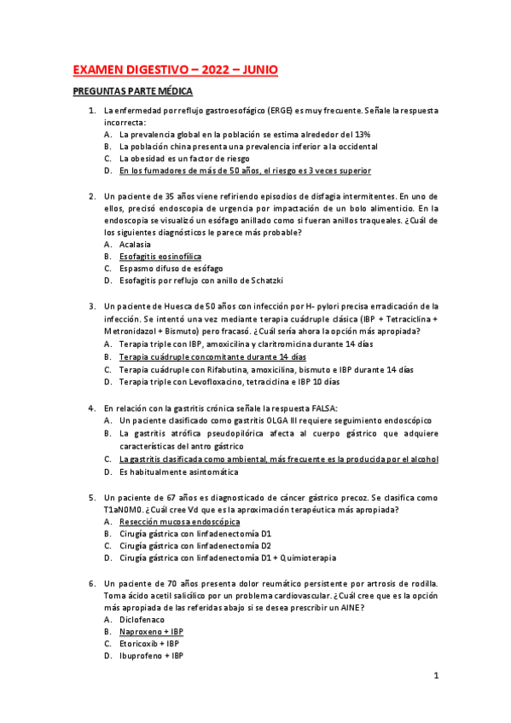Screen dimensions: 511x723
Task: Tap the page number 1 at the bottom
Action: tap(435, 676)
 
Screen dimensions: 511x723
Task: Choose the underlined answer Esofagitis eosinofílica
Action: tap(160, 256)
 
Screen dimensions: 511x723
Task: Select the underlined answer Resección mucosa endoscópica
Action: tap(179, 521)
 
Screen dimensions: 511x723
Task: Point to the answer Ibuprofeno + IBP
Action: tap(151, 656)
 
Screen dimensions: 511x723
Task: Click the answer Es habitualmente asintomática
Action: tap(179, 471)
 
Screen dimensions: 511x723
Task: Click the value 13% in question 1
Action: tap(362, 135)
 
